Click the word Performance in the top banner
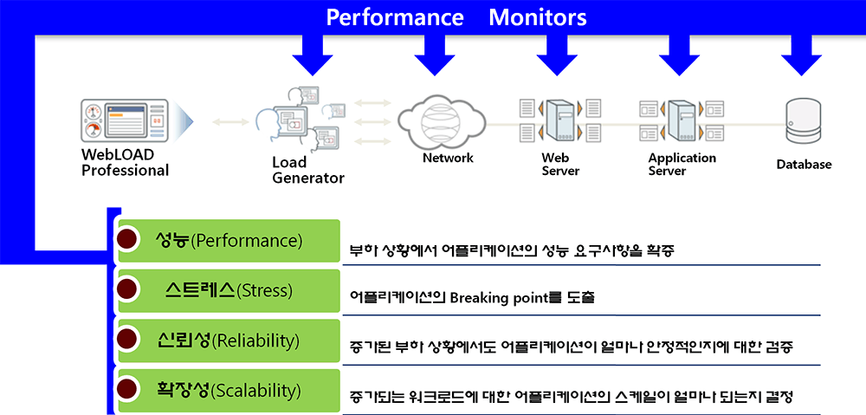click(x=394, y=17)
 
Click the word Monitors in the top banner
click(x=538, y=17)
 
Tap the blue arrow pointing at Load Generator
click(x=313, y=55)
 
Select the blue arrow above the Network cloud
click(x=435, y=55)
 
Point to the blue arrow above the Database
click(x=801, y=55)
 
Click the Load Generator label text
click(x=307, y=170)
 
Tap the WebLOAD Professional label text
click(x=125, y=162)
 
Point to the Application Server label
click(x=682, y=164)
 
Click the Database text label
click(x=804, y=164)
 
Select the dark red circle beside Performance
click(x=127, y=240)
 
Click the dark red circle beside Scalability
click(x=127, y=390)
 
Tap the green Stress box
click(x=229, y=290)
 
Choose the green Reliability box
click(x=229, y=340)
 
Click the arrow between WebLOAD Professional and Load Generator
click(x=231, y=121)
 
